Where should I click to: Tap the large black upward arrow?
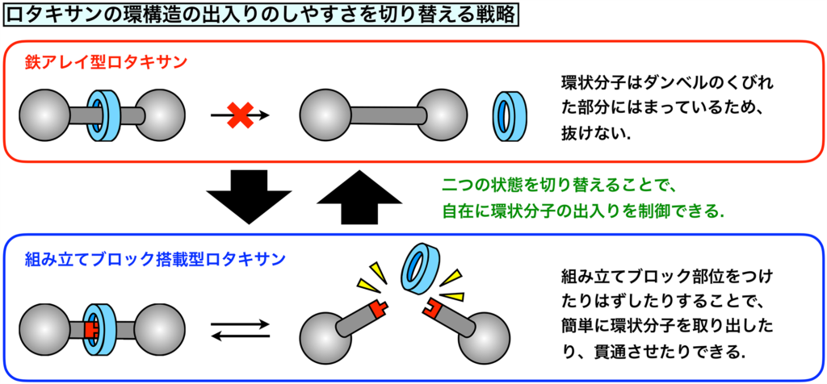click(359, 197)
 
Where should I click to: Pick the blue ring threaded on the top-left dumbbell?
click(105, 115)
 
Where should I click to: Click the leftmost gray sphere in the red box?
click(45, 115)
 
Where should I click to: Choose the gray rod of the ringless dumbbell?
click(388, 115)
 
